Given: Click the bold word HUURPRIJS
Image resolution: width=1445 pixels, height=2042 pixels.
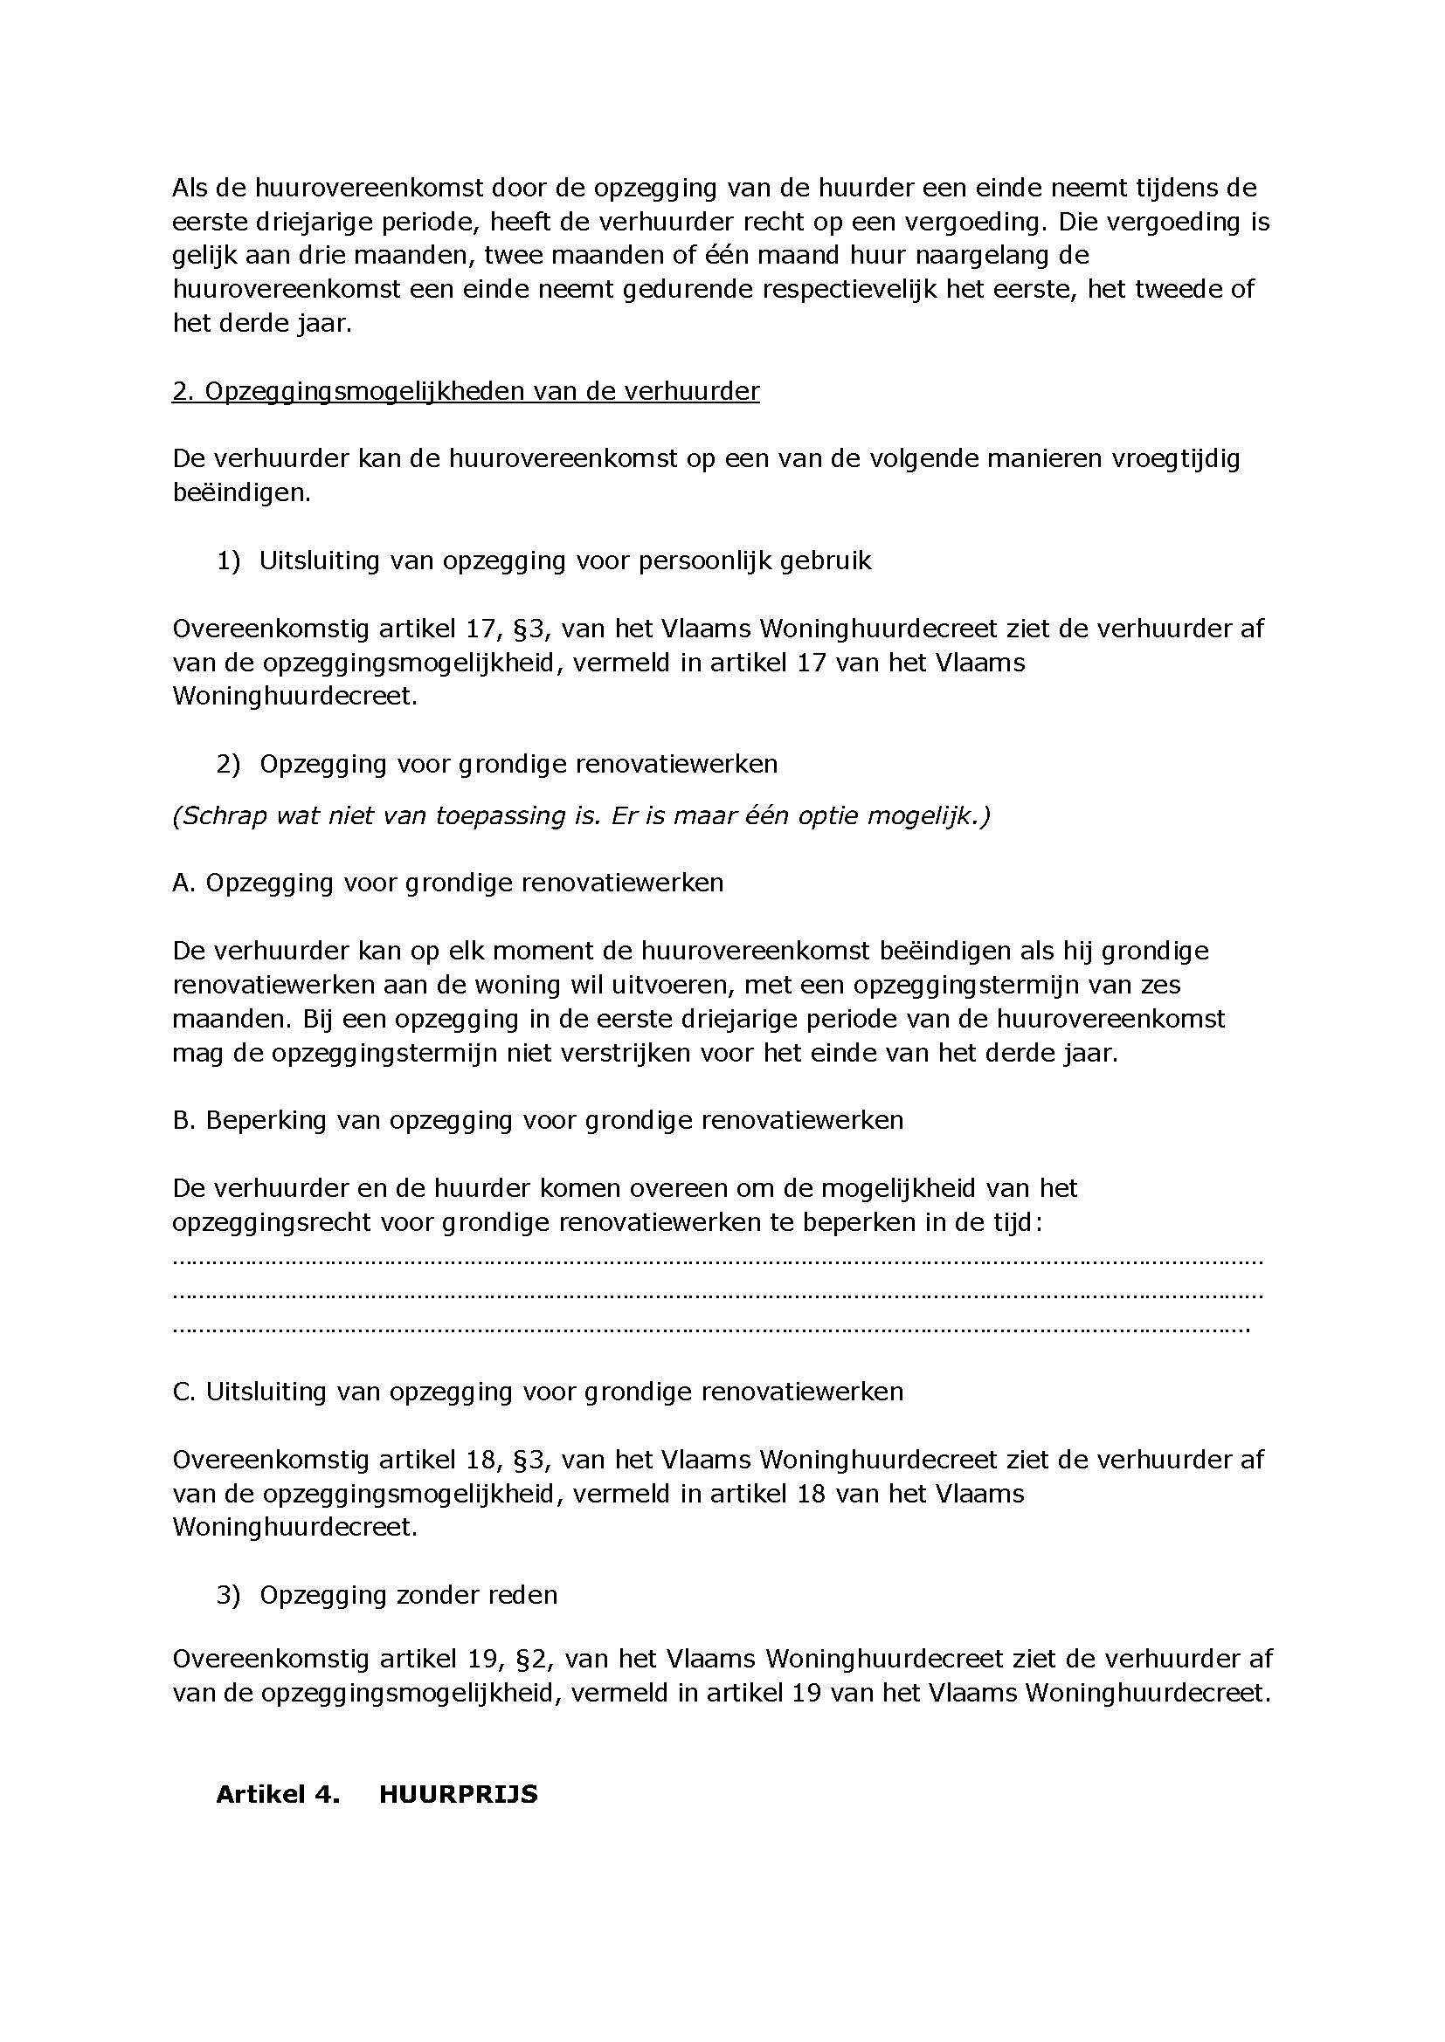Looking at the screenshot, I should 459,1794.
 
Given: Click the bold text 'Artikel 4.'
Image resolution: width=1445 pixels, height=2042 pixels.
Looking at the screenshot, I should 278,1794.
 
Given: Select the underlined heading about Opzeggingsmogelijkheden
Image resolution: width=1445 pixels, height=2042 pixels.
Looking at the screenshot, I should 466,391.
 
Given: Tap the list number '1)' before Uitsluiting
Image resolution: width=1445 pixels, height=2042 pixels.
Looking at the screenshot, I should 229,560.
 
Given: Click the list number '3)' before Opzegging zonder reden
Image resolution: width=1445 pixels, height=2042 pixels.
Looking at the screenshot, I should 229,1595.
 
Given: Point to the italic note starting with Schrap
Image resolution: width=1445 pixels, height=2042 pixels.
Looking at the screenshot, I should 581,815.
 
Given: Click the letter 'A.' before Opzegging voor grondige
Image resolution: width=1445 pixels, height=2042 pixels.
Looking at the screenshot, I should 184,883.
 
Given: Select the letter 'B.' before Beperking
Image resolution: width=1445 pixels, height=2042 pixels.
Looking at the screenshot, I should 184,1120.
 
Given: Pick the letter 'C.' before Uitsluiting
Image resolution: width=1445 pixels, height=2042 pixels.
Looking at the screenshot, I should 184,1392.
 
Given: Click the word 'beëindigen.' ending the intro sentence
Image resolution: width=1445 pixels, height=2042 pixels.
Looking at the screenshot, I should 242,492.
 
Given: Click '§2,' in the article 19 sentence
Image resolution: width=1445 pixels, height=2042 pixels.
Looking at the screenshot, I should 532,1659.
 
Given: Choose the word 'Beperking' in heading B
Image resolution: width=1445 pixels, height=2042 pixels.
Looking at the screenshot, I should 266,1120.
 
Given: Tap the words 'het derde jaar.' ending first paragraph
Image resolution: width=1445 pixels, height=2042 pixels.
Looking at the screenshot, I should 262,323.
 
